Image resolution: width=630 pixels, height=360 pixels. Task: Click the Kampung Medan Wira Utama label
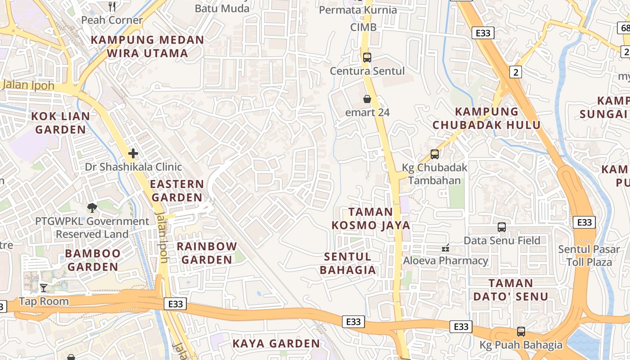(148, 46)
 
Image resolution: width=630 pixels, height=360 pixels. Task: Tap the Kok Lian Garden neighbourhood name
(60, 123)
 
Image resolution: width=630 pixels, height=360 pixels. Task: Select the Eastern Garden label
(177, 190)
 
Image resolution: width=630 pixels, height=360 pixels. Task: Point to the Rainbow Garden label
(207, 253)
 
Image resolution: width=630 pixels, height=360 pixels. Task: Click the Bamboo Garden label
(93, 260)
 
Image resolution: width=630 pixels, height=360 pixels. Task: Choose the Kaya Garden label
(276, 343)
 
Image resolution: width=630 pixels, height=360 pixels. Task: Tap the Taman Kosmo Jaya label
(371, 218)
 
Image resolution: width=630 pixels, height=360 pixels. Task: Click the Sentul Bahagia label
(350, 263)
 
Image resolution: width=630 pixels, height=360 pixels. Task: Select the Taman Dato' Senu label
(511, 290)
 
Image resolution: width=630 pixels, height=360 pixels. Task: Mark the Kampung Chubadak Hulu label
(486, 118)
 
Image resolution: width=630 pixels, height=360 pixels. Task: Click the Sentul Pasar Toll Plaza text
(585, 255)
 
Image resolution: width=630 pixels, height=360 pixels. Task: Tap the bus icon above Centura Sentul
(367, 58)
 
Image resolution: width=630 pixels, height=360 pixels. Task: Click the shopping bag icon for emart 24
(367, 99)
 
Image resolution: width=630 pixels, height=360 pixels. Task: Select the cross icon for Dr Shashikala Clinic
(133, 153)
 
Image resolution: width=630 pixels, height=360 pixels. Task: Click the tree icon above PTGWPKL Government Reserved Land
(92, 207)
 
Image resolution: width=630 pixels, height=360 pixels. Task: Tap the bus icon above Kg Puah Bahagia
(521, 332)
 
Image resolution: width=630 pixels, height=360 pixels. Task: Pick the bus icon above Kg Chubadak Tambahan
(434, 154)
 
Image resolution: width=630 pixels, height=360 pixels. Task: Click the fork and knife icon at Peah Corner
(112, 7)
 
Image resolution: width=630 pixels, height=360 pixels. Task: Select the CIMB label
(363, 27)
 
